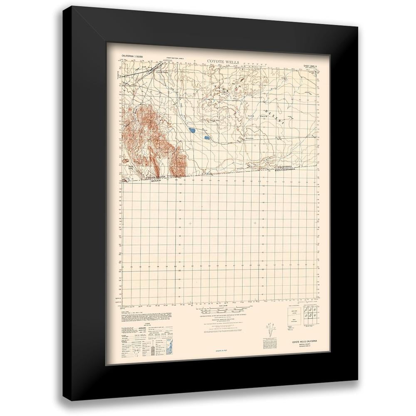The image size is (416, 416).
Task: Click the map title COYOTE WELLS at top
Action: click(x=223, y=61)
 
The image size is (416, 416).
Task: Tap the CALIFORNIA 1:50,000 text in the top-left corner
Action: click(x=131, y=56)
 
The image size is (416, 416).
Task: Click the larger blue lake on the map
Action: click(x=192, y=130)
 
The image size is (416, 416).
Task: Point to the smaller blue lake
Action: click(x=206, y=136)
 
